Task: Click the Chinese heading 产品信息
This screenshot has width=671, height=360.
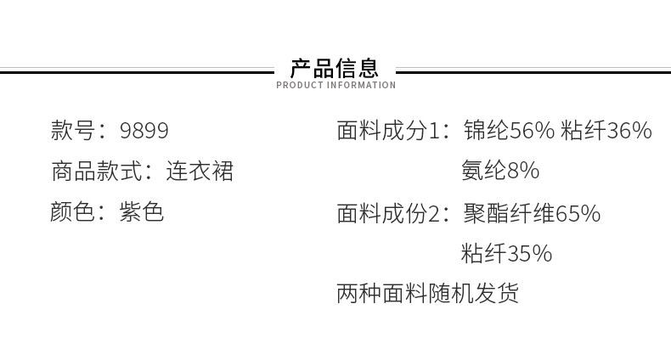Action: [335, 68]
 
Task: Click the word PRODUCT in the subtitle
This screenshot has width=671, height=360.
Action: [300, 85]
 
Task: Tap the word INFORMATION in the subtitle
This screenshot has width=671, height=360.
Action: [361, 85]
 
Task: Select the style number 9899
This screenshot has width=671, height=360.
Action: [144, 131]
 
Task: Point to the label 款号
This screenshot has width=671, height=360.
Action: [73, 130]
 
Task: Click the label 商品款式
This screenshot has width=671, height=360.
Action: [96, 171]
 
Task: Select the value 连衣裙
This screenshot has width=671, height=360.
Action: [200, 171]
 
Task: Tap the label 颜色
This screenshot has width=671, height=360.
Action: [72, 211]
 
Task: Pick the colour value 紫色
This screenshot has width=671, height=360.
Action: [142, 211]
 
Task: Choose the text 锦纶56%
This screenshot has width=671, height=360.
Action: [509, 130]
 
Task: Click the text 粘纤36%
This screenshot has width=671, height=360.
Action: [606, 130]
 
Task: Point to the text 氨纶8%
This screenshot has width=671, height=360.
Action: [500, 171]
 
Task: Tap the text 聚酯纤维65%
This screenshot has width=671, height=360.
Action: [532, 213]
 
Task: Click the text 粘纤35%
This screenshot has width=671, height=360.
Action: [507, 253]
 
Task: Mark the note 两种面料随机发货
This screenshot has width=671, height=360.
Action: [427, 293]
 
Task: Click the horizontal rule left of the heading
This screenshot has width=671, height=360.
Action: [137, 71]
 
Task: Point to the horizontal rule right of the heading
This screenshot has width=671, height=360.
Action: [533, 71]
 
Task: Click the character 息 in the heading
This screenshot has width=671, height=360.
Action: [369, 68]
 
